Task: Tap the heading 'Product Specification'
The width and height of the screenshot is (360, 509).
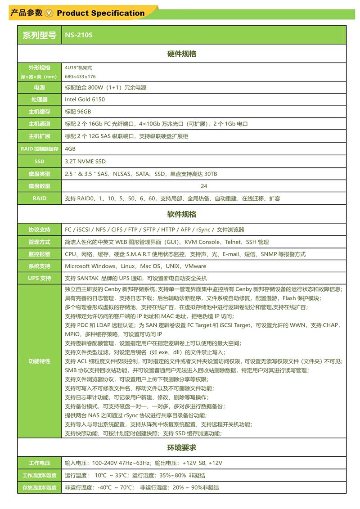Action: [x=101, y=13]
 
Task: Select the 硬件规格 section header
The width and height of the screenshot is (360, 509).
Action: [x=181, y=54]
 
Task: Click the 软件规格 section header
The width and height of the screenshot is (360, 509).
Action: [x=181, y=214]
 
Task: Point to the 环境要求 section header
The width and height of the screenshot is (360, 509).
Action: [x=181, y=448]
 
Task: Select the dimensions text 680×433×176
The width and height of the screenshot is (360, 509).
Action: [x=80, y=77]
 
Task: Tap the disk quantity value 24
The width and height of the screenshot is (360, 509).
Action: [x=204, y=186]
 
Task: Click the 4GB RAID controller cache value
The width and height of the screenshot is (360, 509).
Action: [x=70, y=149]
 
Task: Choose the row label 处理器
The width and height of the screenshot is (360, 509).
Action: [x=40, y=99]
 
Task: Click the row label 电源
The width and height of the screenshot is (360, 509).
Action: [x=40, y=87]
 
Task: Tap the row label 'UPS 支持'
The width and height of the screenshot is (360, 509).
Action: [x=40, y=278]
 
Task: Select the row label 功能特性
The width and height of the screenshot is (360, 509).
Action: [x=40, y=361]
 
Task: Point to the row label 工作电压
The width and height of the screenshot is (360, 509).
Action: [x=40, y=463]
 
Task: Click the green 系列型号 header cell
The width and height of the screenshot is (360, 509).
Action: [x=40, y=35]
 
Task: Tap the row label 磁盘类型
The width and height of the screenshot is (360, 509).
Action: [x=40, y=174]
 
